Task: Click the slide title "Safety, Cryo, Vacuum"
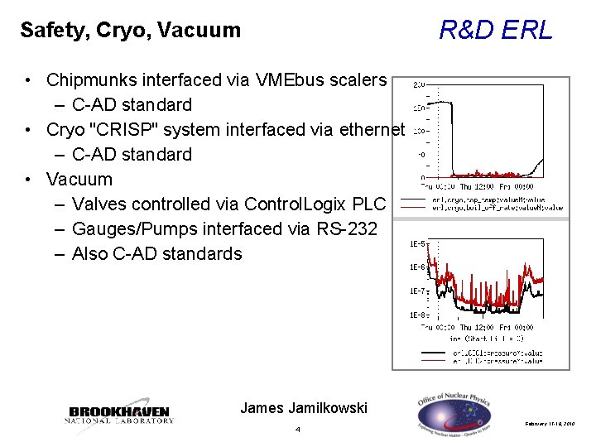(x=130, y=31)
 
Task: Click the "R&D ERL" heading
(x=495, y=31)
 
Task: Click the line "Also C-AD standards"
(x=157, y=254)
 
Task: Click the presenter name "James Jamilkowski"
(x=303, y=407)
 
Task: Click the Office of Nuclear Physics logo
(x=453, y=411)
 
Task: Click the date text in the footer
(x=555, y=423)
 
